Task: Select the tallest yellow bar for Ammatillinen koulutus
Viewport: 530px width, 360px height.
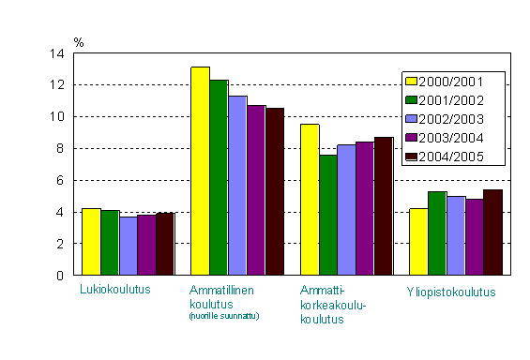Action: point(200,171)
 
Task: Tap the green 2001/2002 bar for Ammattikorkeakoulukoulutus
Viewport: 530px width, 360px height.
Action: point(328,215)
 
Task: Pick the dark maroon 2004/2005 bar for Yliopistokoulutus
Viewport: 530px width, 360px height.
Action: point(492,232)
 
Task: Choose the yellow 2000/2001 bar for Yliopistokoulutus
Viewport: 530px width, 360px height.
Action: point(418,242)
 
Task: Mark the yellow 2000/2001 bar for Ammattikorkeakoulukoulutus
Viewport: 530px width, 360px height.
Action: point(310,200)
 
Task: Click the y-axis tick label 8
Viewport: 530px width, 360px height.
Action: point(60,148)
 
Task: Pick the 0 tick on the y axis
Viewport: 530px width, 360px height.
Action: point(60,275)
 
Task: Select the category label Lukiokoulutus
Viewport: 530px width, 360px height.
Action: point(114,291)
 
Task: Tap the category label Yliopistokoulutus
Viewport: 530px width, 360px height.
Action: point(451,292)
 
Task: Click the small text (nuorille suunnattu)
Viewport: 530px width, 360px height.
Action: point(224,316)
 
